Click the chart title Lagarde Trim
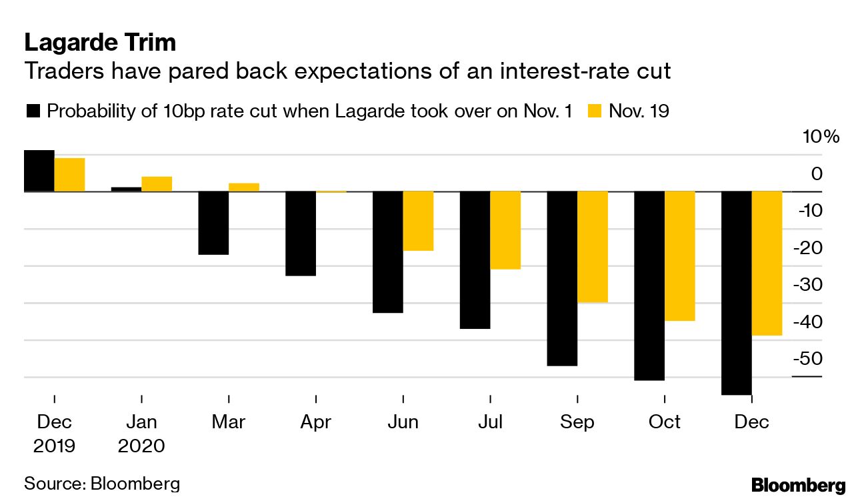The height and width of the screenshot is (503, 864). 100,43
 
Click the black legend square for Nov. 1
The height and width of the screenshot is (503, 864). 33,111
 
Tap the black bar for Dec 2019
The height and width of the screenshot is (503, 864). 39,171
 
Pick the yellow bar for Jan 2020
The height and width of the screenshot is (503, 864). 157,183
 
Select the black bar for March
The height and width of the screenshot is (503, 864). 213,223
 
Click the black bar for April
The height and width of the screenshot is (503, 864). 301,233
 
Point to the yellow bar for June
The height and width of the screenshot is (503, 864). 418,221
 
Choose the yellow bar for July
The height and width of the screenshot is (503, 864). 505,230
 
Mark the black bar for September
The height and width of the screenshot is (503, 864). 562,278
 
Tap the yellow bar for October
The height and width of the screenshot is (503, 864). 680,256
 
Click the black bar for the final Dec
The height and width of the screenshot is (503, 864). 736,293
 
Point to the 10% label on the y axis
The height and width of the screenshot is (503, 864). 821,137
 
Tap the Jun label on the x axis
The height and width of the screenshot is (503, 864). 403,422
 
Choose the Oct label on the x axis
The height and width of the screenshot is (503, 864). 665,422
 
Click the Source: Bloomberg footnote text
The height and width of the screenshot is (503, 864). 102,484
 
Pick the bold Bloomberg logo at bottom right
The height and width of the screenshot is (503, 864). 798,485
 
